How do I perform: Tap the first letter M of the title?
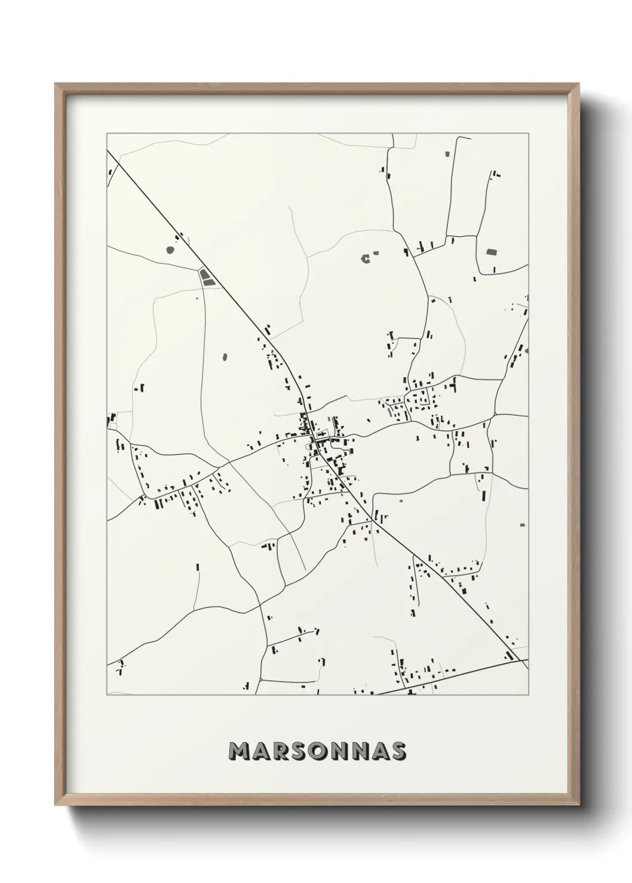click(241, 751)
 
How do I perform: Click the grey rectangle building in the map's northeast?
click(492, 252)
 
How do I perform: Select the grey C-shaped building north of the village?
click(365, 258)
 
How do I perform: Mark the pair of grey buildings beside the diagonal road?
click(207, 277)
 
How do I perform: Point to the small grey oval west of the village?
click(225, 357)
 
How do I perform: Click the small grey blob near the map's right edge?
click(523, 525)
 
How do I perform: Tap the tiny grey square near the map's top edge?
click(446, 155)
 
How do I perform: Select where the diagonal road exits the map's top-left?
click(108, 151)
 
